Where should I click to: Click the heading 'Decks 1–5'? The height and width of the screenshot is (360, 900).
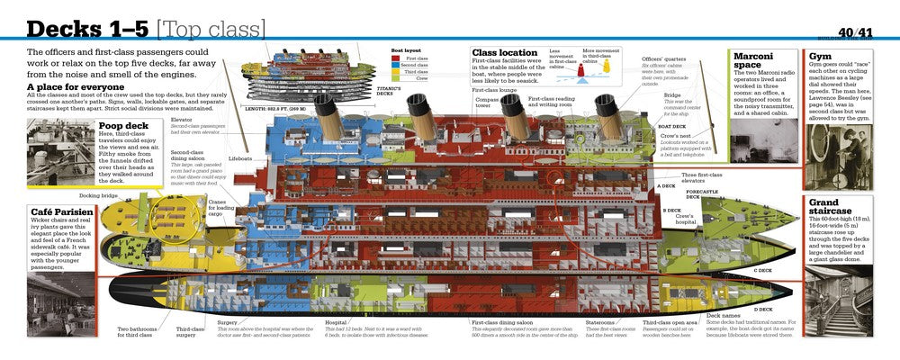point(79,28)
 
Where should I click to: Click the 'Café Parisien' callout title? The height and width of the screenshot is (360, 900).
point(59,212)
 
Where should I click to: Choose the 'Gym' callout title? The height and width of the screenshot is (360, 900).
point(819,55)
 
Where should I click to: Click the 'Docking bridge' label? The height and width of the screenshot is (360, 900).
point(97,194)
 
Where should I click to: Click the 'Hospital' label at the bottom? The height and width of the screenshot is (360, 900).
point(336,320)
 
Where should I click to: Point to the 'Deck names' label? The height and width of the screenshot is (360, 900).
point(725,315)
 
